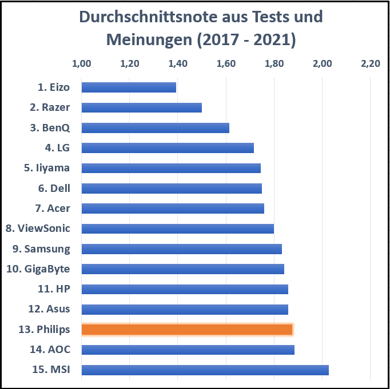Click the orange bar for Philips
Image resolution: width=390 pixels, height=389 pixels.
point(187,329)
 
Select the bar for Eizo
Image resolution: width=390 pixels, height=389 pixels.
point(129,87)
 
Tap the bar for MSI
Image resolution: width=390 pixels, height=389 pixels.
point(205,370)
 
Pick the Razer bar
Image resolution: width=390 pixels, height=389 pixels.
point(141,107)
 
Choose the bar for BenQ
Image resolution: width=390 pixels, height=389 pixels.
point(155,127)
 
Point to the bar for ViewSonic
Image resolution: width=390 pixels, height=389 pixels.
point(177,228)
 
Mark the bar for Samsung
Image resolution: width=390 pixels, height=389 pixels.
point(181,248)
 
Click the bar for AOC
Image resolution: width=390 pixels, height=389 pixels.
point(188,350)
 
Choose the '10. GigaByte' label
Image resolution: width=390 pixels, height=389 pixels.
point(42,269)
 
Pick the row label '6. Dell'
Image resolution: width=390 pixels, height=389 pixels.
point(54,188)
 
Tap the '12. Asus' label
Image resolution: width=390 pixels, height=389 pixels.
point(49,309)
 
